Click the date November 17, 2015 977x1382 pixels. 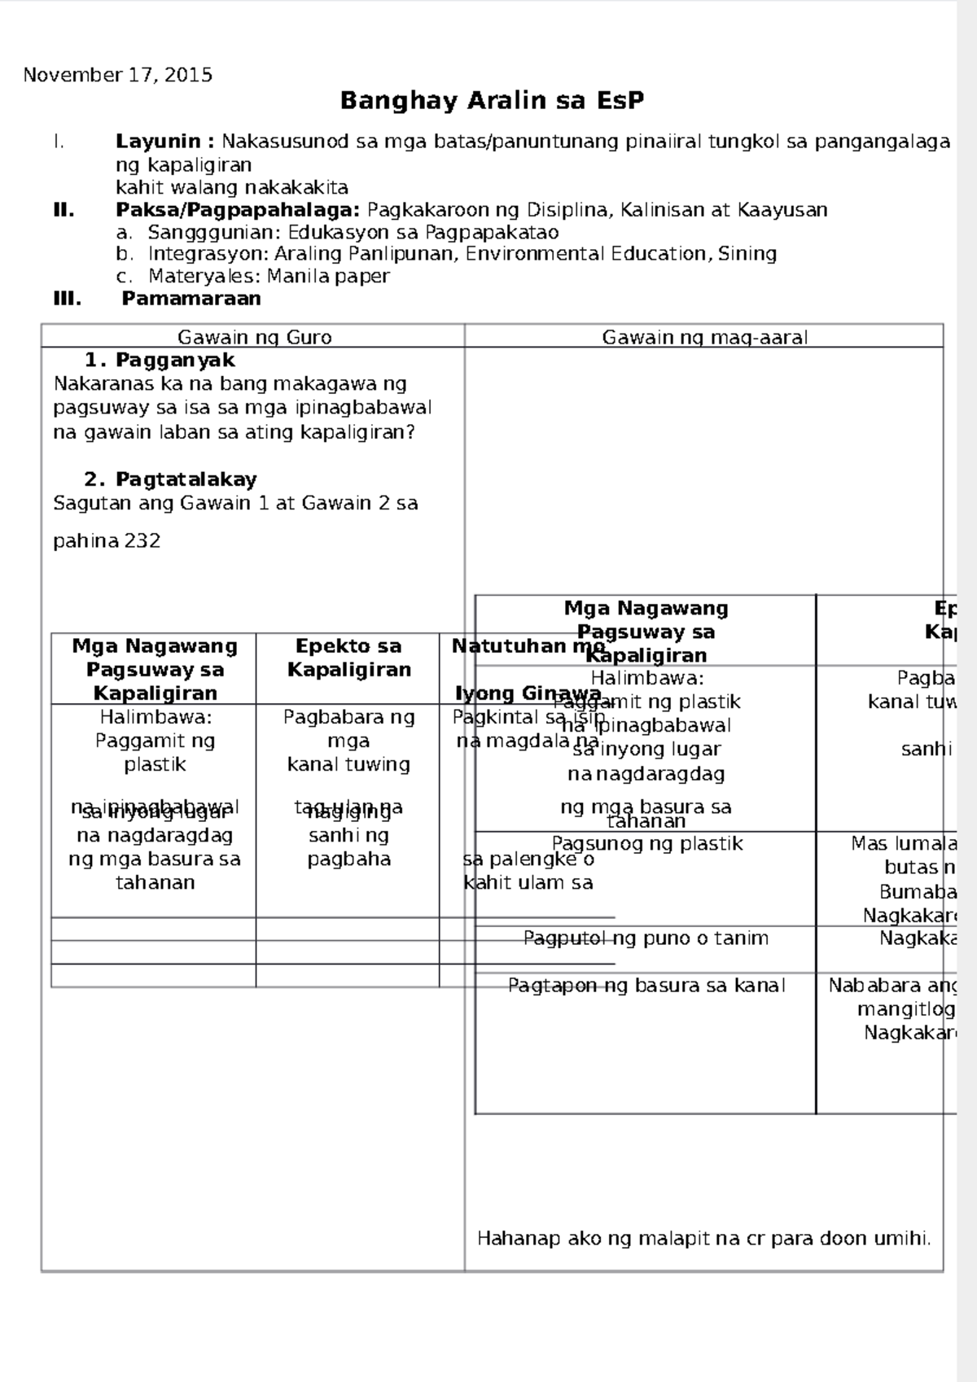[118, 76]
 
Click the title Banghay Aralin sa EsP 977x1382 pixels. [492, 101]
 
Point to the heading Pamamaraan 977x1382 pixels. [191, 299]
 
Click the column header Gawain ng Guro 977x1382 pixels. [254, 337]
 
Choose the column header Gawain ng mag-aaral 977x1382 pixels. [704, 337]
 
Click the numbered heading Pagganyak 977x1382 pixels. [174, 360]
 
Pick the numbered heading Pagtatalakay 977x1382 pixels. [186, 479]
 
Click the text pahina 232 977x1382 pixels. [107, 541]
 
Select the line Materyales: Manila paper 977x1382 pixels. [269, 276]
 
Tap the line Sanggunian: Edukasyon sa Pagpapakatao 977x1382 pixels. [353, 232]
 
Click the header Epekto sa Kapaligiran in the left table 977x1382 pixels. [348, 658]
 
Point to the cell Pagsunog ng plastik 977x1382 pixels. [646, 844]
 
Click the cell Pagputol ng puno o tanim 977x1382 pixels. [646, 938]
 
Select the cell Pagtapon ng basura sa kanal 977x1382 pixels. [646, 986]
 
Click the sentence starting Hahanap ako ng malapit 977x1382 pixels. [703, 1239]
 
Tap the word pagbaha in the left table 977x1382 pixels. [348, 859]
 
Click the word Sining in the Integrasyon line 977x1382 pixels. [748, 254]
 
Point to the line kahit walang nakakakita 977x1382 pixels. [232, 188]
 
